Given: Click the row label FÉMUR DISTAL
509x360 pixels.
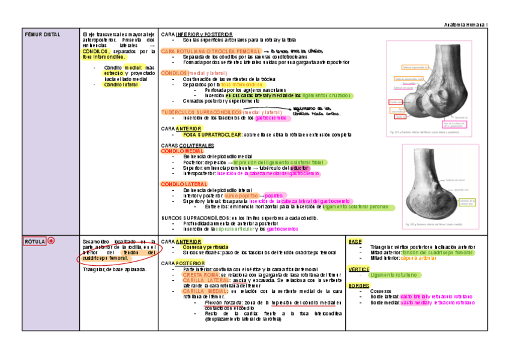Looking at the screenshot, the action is (43, 35).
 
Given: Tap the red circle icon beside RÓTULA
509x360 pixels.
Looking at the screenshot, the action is (51, 241).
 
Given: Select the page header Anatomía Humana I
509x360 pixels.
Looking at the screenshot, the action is (466, 24).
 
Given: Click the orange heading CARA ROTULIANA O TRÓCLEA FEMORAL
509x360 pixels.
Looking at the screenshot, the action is (211, 52).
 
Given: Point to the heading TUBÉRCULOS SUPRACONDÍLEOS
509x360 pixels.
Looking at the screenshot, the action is (201, 112).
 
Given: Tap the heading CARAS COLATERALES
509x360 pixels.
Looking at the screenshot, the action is (188, 146).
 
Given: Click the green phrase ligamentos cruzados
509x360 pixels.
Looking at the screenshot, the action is (328, 95).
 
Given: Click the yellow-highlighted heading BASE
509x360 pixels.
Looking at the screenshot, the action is (355, 241).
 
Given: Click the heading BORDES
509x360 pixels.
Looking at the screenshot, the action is (358, 286).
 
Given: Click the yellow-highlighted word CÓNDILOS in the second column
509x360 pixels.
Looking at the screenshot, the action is (95, 52).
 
